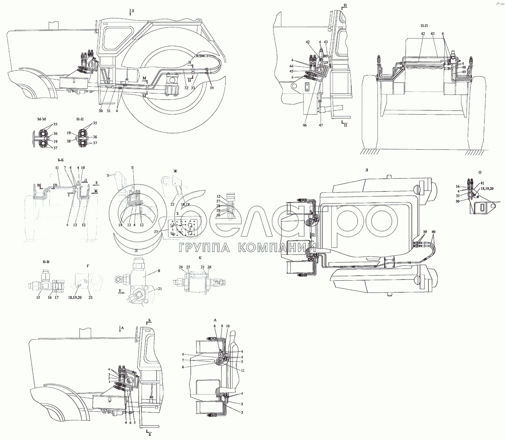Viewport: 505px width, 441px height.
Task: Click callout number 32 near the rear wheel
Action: coord(186,88)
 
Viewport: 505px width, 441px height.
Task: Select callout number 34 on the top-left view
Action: coord(212,88)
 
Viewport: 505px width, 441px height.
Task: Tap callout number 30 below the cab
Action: coord(101,111)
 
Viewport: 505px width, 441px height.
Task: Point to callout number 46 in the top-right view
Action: coord(304,125)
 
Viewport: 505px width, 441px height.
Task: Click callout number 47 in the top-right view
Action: coord(321,125)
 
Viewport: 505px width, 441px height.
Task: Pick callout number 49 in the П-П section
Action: coord(464,72)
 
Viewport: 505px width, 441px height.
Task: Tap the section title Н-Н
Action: coord(80,119)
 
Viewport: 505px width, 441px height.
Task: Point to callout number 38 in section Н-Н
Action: coord(69,141)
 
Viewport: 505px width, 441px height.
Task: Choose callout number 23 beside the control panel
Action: coord(156,231)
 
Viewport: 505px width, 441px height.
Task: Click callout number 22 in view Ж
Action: coord(172,204)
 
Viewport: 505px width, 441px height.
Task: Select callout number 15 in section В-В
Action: coord(38,298)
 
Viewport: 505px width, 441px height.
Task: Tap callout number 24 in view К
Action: coord(181,267)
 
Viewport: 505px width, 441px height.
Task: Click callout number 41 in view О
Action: coord(482,183)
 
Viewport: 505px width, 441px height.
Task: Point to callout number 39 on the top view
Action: coord(424,232)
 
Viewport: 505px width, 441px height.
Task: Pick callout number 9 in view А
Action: coord(222,326)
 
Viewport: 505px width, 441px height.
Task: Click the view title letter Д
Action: coord(136,250)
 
